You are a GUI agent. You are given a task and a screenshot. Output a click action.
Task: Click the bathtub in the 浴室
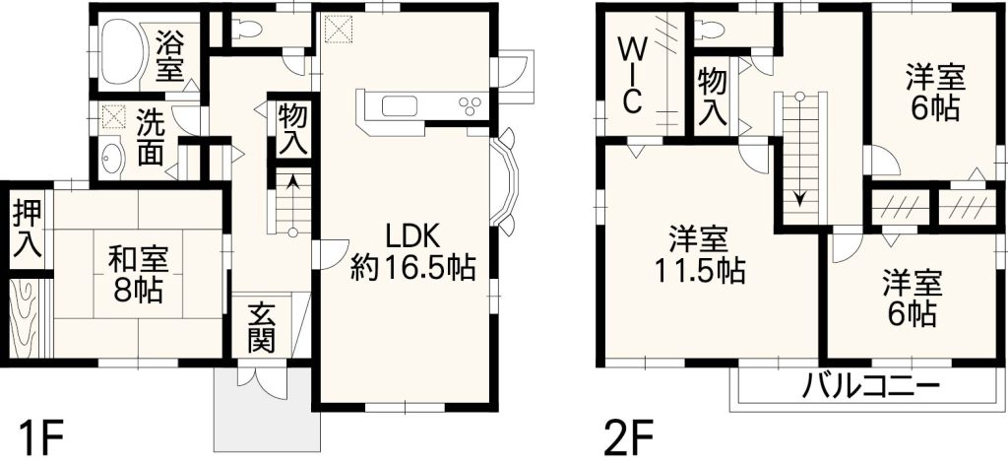tap(121, 51)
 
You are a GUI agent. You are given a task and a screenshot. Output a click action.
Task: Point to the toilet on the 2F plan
tap(711, 28)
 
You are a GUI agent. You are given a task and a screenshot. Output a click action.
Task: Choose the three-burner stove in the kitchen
tap(470, 105)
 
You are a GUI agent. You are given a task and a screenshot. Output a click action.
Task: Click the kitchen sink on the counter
tap(400, 105)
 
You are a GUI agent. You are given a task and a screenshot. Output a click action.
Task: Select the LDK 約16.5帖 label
tap(412, 251)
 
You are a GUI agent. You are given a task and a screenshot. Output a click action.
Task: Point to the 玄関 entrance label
tap(262, 328)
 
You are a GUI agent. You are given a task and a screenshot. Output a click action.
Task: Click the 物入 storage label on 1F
tap(292, 129)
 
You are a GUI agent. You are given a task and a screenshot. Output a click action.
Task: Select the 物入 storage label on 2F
tap(713, 98)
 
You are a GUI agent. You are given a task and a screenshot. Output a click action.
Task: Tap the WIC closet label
tap(632, 75)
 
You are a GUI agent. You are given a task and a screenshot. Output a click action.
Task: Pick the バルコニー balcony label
tap(870, 387)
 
